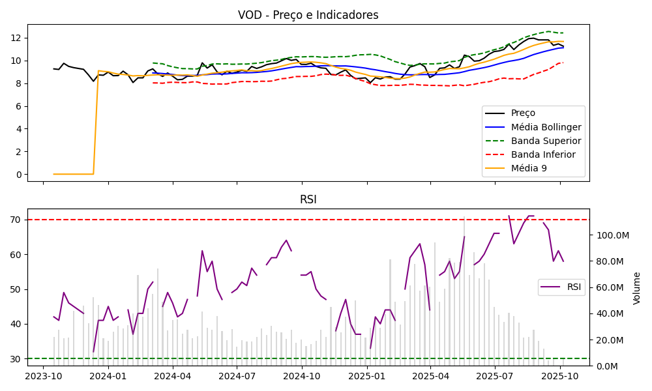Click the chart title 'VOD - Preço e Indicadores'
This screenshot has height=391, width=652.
pyautogui.click(x=308, y=15)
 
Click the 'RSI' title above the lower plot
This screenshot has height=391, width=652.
pyautogui.click(x=308, y=199)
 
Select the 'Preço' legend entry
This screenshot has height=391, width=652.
pyautogui.click(x=522, y=113)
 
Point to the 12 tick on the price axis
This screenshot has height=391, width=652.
pyautogui.click(x=18, y=38)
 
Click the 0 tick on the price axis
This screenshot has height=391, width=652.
pyautogui.click(x=20, y=175)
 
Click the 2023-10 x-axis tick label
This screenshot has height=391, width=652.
pyautogui.click(x=44, y=376)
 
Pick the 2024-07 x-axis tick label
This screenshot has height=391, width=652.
pyautogui.click(x=237, y=376)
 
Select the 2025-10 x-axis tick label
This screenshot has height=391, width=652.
pyautogui.click(x=560, y=376)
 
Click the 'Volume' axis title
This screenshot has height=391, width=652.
pyautogui.click(x=637, y=288)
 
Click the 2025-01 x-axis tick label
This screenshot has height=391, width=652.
pyautogui.click(x=367, y=376)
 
